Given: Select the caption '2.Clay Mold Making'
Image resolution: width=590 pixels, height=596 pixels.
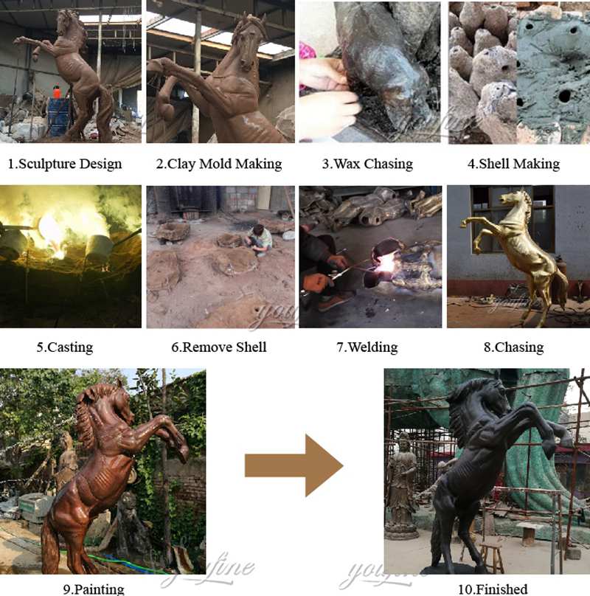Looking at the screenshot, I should (x=218, y=164).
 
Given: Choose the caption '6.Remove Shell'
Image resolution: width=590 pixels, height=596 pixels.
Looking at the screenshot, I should (x=218, y=347).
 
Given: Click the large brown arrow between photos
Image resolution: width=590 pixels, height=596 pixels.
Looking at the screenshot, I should (x=294, y=465).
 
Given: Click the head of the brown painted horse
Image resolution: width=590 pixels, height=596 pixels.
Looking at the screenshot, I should (x=103, y=402).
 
